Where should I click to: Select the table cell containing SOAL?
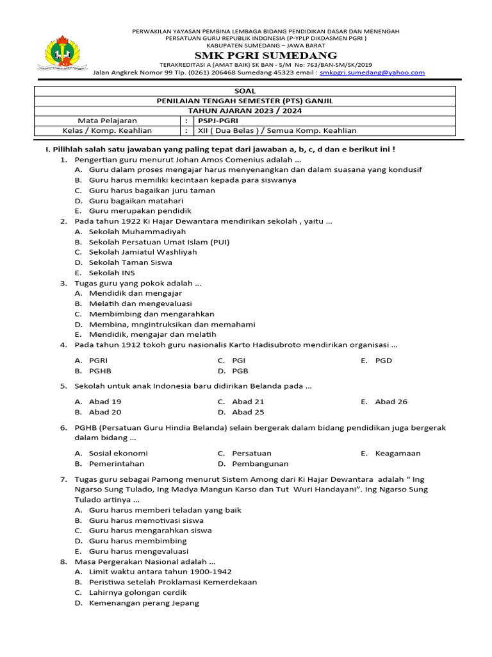pyautogui.click(x=245, y=91)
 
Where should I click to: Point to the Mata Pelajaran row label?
pyautogui.click(x=107, y=121)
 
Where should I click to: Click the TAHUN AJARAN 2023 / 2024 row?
pyautogui.click(x=245, y=110)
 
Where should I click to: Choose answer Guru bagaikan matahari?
pyautogui.click(x=127, y=200)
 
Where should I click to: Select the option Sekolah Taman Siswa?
pyautogui.click(x=130, y=262)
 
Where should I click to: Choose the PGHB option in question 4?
pyautogui.click(x=100, y=371)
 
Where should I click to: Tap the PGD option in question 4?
pyautogui.click(x=383, y=361)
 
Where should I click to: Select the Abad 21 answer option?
pyautogui.click(x=248, y=402)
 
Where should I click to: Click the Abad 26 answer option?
pyautogui.click(x=391, y=402)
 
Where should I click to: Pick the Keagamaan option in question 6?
pyautogui.click(x=398, y=453)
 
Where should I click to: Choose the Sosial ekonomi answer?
pyautogui.click(x=118, y=453)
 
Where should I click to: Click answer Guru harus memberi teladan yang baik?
pyautogui.click(x=165, y=510)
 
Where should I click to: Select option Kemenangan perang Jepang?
pyautogui.click(x=143, y=603)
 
